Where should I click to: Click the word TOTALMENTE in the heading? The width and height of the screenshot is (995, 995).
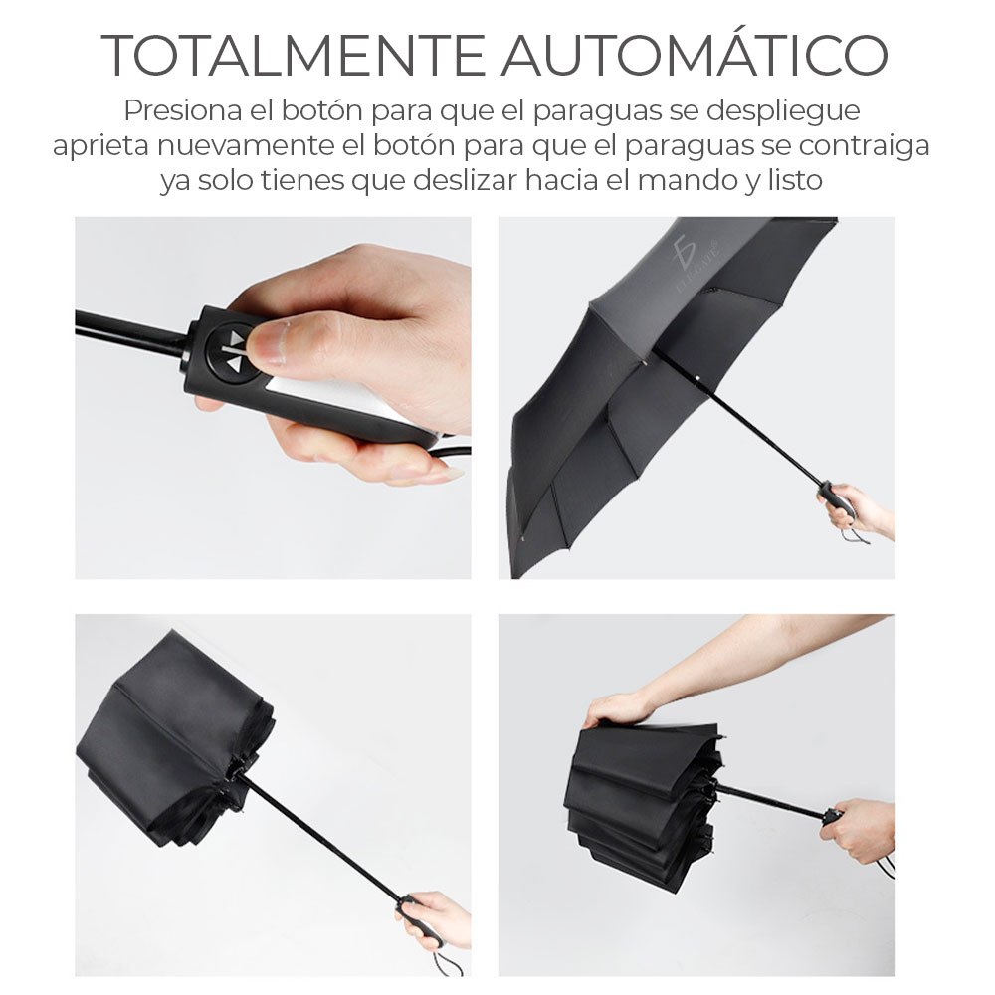click(294, 55)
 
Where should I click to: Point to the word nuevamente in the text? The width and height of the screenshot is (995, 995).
click(245, 146)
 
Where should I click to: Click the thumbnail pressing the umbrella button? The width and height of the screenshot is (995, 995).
click(273, 398)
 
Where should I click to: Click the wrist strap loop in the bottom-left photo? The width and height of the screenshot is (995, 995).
click(449, 960)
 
